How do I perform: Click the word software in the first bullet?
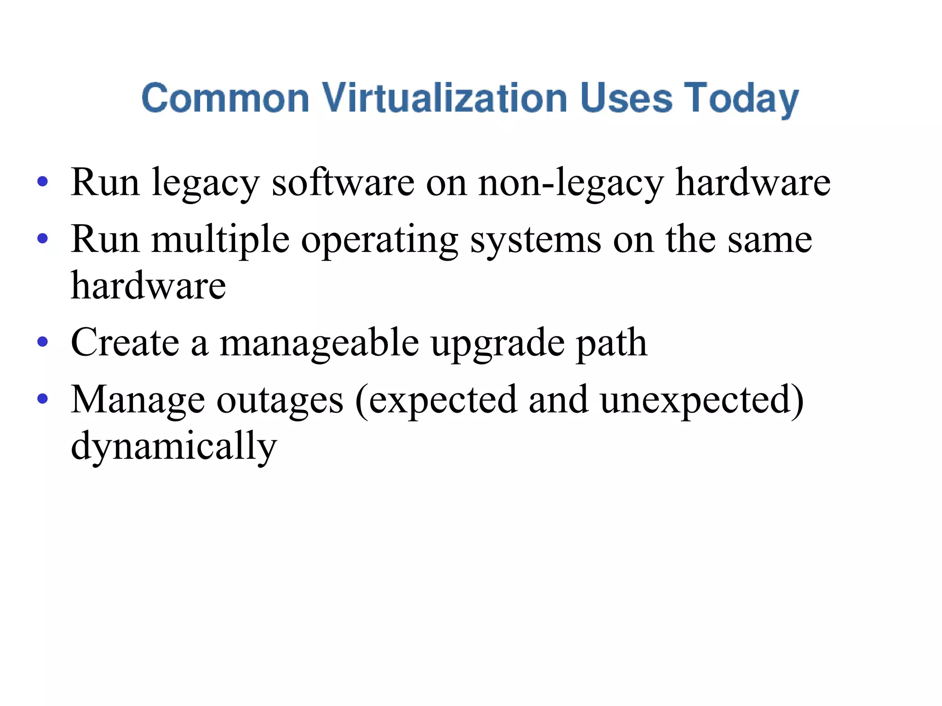click(343, 182)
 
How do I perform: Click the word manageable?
click(319, 344)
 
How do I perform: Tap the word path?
click(612, 344)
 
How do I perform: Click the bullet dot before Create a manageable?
click(43, 342)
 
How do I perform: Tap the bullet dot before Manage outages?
click(43, 399)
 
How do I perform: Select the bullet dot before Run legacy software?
click(43, 182)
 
